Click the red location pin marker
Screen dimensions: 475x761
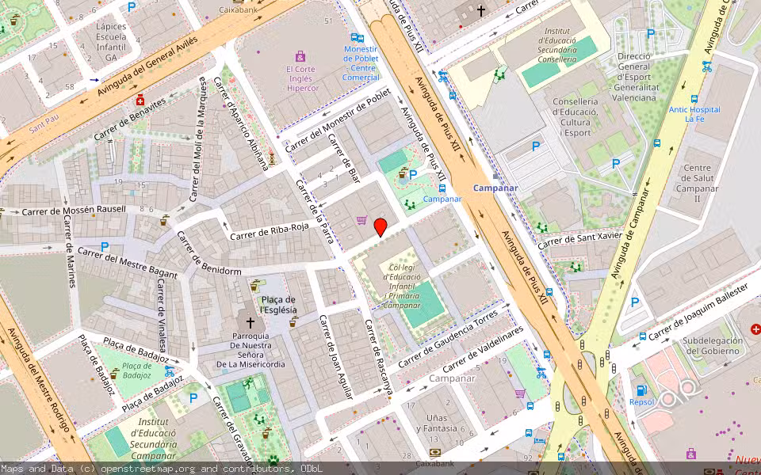click(380, 227)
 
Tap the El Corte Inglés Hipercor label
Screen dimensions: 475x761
click(301, 78)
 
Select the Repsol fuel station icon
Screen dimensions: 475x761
click(641, 390)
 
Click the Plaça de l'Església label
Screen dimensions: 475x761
click(277, 305)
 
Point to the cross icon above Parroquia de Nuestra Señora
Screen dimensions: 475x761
click(250, 323)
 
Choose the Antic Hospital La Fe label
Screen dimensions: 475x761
click(694, 114)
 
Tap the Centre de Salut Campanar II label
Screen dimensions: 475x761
click(697, 183)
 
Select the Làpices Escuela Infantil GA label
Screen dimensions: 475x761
click(111, 41)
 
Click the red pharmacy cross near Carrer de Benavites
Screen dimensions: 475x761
click(140, 100)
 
